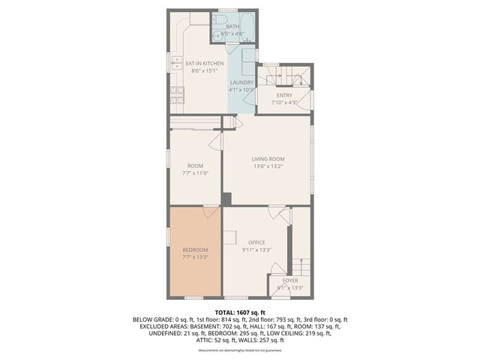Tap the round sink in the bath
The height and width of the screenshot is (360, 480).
point(217,34)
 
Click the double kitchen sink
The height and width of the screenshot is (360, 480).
point(178,62)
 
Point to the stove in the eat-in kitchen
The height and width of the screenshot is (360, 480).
point(177,94)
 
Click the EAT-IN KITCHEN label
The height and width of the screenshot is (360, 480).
point(204,64)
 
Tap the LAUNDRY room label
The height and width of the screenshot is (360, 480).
point(241,82)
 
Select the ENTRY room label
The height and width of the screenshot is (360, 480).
point(284,95)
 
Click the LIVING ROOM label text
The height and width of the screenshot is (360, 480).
point(268,159)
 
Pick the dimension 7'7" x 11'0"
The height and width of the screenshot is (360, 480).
point(195,173)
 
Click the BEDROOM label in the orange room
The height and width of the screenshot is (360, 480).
point(195,250)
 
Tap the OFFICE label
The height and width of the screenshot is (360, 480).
point(257,243)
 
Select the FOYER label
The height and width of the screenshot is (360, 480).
point(289,280)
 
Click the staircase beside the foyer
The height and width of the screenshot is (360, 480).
point(300,266)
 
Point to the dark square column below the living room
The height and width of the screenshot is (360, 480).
point(226,199)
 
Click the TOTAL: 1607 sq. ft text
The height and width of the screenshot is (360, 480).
point(240,311)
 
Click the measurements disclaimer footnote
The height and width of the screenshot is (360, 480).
point(240,350)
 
